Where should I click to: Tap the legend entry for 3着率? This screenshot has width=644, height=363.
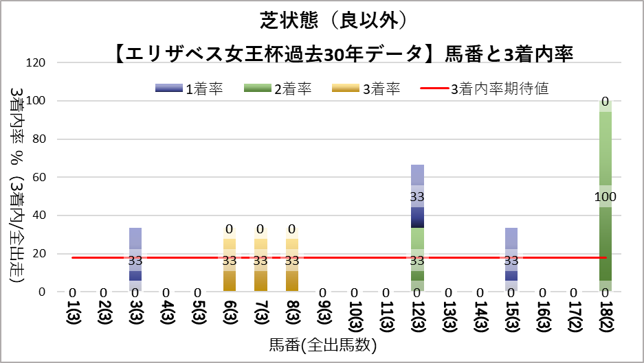click(x=365, y=89)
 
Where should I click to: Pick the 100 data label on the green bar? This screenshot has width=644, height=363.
click(x=605, y=196)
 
